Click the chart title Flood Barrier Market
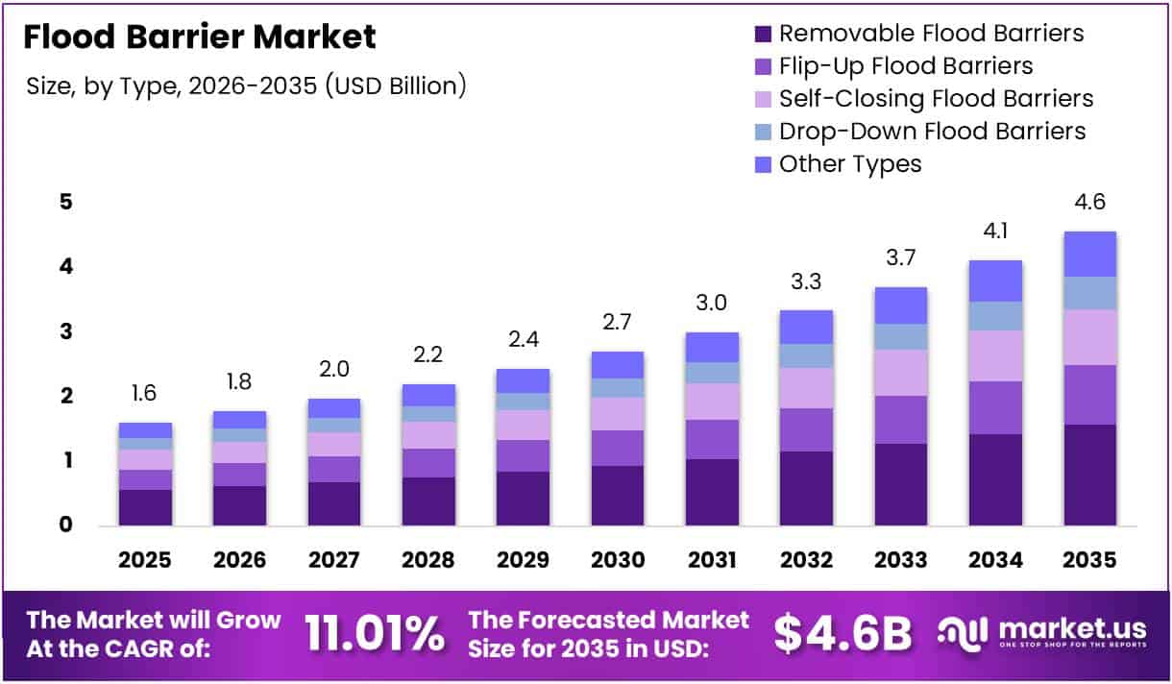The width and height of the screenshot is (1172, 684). click(x=199, y=37)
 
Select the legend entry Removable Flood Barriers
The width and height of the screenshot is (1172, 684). click(x=931, y=34)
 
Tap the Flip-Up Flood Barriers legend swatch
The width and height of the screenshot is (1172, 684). click(x=763, y=66)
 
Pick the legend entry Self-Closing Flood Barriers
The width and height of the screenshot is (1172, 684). click(x=936, y=99)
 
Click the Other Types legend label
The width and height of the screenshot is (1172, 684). click(x=849, y=164)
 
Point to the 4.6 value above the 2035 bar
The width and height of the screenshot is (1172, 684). click(x=1089, y=203)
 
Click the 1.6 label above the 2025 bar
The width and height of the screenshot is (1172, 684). click(x=145, y=393)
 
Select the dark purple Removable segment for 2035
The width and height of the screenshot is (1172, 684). click(x=1089, y=475)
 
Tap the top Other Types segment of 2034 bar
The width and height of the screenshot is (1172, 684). click(x=995, y=281)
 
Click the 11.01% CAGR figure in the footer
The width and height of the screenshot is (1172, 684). click(x=375, y=633)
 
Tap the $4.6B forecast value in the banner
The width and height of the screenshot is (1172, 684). click(x=842, y=633)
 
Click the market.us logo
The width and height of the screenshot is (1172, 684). click(x=1042, y=633)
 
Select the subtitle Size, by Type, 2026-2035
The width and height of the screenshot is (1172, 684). click(x=247, y=85)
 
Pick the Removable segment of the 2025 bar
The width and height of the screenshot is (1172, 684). click(x=145, y=507)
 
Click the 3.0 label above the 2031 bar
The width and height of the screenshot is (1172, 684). click(x=712, y=304)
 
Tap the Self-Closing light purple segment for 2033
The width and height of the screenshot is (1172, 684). click(x=901, y=373)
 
